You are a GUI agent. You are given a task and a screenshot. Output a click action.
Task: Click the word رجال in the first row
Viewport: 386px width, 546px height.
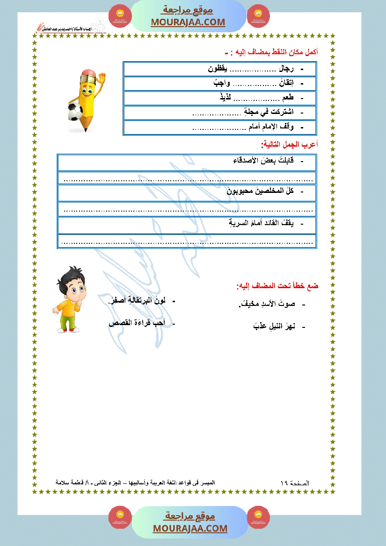[x=285, y=69]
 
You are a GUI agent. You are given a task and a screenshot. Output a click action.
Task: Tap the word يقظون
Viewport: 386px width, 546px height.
[x=218, y=69]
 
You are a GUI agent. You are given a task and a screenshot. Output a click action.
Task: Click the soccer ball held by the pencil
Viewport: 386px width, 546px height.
[x=75, y=111]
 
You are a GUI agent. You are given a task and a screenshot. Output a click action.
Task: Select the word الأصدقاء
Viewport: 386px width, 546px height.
[x=246, y=161]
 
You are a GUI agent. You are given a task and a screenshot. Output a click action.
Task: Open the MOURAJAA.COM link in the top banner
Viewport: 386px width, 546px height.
[x=188, y=22]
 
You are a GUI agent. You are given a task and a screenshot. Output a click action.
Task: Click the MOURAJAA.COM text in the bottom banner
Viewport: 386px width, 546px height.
[x=190, y=528]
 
